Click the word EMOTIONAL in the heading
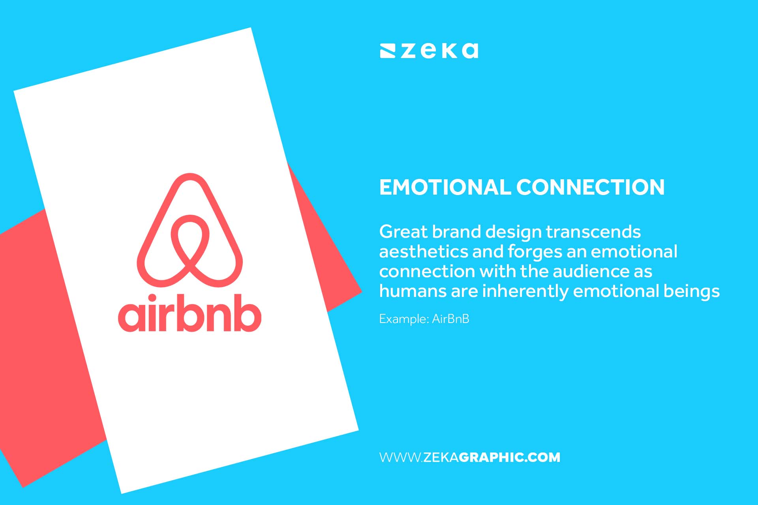pos(445,187)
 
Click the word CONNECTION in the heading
pos(591,187)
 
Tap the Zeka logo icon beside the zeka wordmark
pos(387,51)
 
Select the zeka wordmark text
pos(439,51)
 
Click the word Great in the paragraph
pos(403,232)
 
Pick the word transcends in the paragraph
pos(593,232)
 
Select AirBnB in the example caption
pos(450,319)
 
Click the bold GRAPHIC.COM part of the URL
pos(509,457)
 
